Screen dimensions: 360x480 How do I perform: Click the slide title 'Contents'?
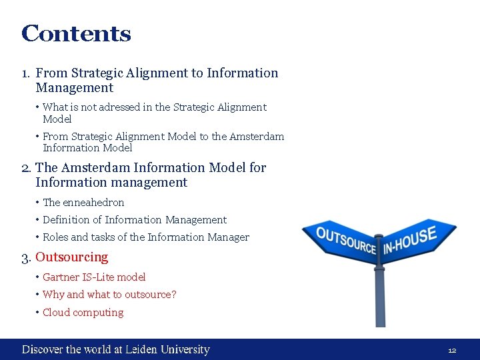pyautogui.click(x=76, y=33)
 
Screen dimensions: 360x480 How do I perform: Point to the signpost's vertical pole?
pyautogui.click(x=379, y=293)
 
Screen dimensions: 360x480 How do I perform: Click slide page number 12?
pyautogui.click(x=451, y=350)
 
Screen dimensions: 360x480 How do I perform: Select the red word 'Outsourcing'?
pyautogui.click(x=71, y=257)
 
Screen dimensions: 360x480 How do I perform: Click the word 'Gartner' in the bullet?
pyautogui.click(x=61, y=277)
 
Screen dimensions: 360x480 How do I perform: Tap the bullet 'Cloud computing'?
pyautogui.click(x=83, y=312)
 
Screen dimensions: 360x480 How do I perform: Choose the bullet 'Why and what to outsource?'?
pyautogui.click(x=109, y=294)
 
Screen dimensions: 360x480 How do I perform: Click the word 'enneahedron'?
pyautogui.click(x=93, y=202)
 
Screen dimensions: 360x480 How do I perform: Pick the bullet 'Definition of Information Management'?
pyautogui.click(x=134, y=219)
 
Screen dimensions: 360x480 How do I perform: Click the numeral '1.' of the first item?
pyautogui.click(x=26, y=73)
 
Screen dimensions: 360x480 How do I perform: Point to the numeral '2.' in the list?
pyautogui.click(x=27, y=168)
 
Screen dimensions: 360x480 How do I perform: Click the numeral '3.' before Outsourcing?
pyautogui.click(x=27, y=257)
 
